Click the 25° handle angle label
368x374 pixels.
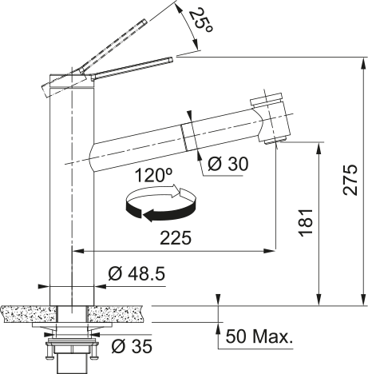tap(201, 20)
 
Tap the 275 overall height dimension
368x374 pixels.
tap(350, 180)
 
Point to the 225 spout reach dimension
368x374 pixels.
tap(176, 238)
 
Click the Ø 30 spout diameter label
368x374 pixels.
tap(228, 164)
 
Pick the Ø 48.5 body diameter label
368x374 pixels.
tap(137, 273)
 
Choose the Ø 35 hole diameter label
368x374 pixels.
tap(132, 346)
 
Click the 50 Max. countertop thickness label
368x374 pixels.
tap(259, 336)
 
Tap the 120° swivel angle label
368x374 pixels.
tap(153, 175)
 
